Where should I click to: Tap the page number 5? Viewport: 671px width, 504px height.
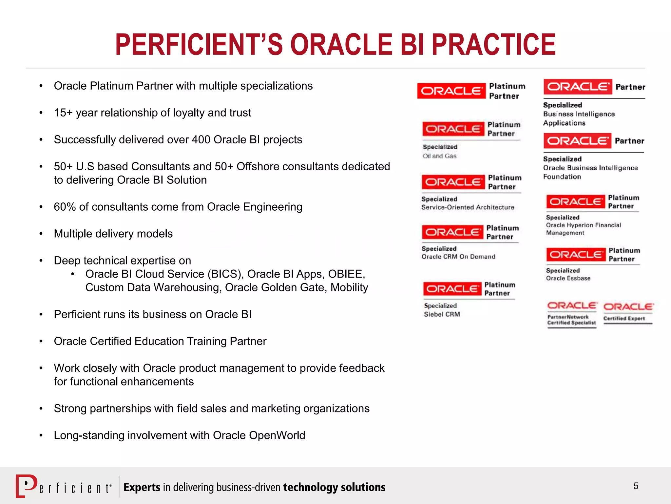tap(636, 486)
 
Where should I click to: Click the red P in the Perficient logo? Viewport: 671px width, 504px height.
tap(26, 486)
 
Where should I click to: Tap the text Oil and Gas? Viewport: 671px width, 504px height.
tap(439, 156)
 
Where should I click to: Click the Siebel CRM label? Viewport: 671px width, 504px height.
tap(442, 314)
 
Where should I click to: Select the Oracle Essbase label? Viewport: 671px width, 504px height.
tap(568, 278)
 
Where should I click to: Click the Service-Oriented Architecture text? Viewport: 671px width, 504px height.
tap(468, 207)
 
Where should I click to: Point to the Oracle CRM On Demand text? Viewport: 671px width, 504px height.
tap(458, 257)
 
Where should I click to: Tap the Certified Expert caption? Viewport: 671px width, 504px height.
tap(624, 318)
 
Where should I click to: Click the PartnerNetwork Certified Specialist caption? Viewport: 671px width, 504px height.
tap(571, 320)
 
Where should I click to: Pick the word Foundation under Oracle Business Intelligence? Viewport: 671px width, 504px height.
tap(562, 177)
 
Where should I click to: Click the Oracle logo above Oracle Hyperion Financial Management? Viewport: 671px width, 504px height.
tap(575, 201)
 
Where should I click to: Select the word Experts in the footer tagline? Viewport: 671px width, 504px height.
tap(142, 487)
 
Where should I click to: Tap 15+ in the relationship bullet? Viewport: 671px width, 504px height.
tap(63, 113)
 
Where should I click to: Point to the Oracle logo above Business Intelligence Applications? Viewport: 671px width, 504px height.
tap(578, 87)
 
